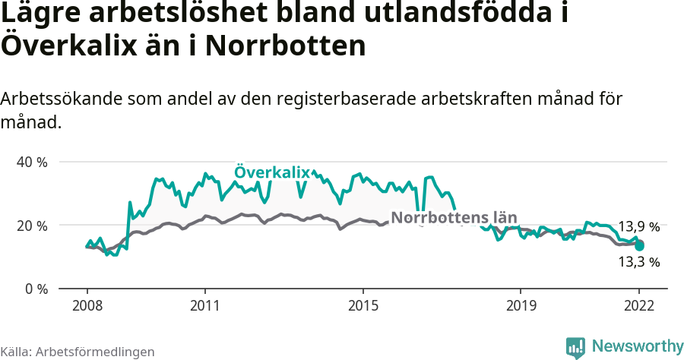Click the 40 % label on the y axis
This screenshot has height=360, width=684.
[32, 163]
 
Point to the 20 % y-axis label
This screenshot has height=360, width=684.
[32, 226]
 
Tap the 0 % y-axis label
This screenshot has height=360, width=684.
[36, 289]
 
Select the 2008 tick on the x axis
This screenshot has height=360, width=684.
[87, 305]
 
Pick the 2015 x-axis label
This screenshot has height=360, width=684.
[363, 305]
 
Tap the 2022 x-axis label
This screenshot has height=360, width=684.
[639, 305]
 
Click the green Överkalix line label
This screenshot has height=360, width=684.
[272, 173]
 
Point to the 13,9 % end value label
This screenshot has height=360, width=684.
[638, 226]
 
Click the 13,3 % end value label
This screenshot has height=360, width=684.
[638, 262]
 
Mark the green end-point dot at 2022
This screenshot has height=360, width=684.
[639, 246]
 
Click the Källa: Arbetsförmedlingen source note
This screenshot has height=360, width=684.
[78, 352]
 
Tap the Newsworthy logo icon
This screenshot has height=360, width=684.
[575, 347]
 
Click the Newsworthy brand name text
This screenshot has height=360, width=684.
[637, 346]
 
